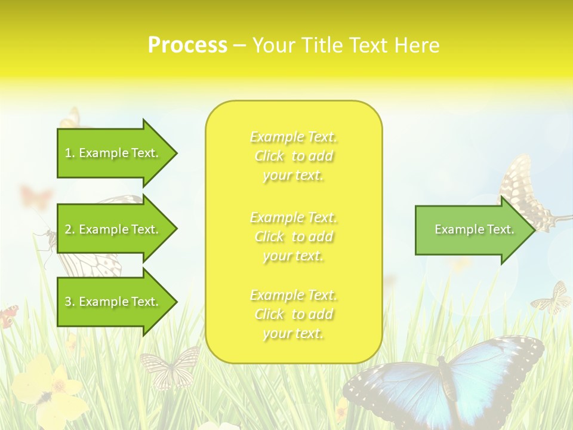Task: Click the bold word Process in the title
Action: [x=187, y=45]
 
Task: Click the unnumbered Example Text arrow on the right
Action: [x=474, y=230]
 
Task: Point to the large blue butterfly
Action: [x=445, y=376]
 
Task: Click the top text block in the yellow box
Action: [x=294, y=156]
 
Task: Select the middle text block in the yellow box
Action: [x=294, y=236]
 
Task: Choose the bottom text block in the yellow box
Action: [x=294, y=314]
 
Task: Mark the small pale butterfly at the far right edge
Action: [x=552, y=299]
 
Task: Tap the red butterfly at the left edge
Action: [x=8, y=317]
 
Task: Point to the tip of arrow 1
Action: [x=175, y=153]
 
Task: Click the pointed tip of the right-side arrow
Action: [x=534, y=230]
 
